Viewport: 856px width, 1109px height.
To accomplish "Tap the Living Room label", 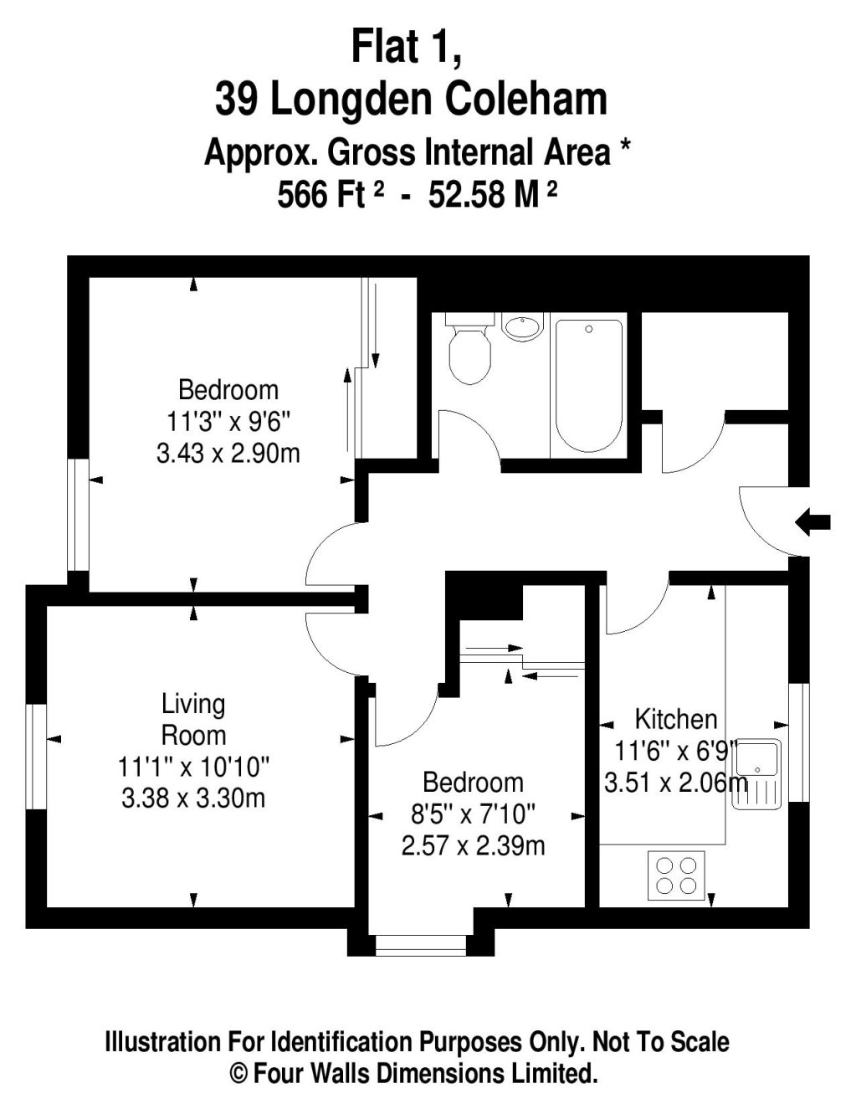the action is coord(193,720).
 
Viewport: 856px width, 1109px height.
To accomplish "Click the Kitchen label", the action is coord(675,720).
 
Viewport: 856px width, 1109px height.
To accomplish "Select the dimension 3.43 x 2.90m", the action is coord(228,454).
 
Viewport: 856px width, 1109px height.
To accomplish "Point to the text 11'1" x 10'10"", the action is coord(193,766).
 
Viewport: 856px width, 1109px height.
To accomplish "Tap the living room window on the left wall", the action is coord(36,757).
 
